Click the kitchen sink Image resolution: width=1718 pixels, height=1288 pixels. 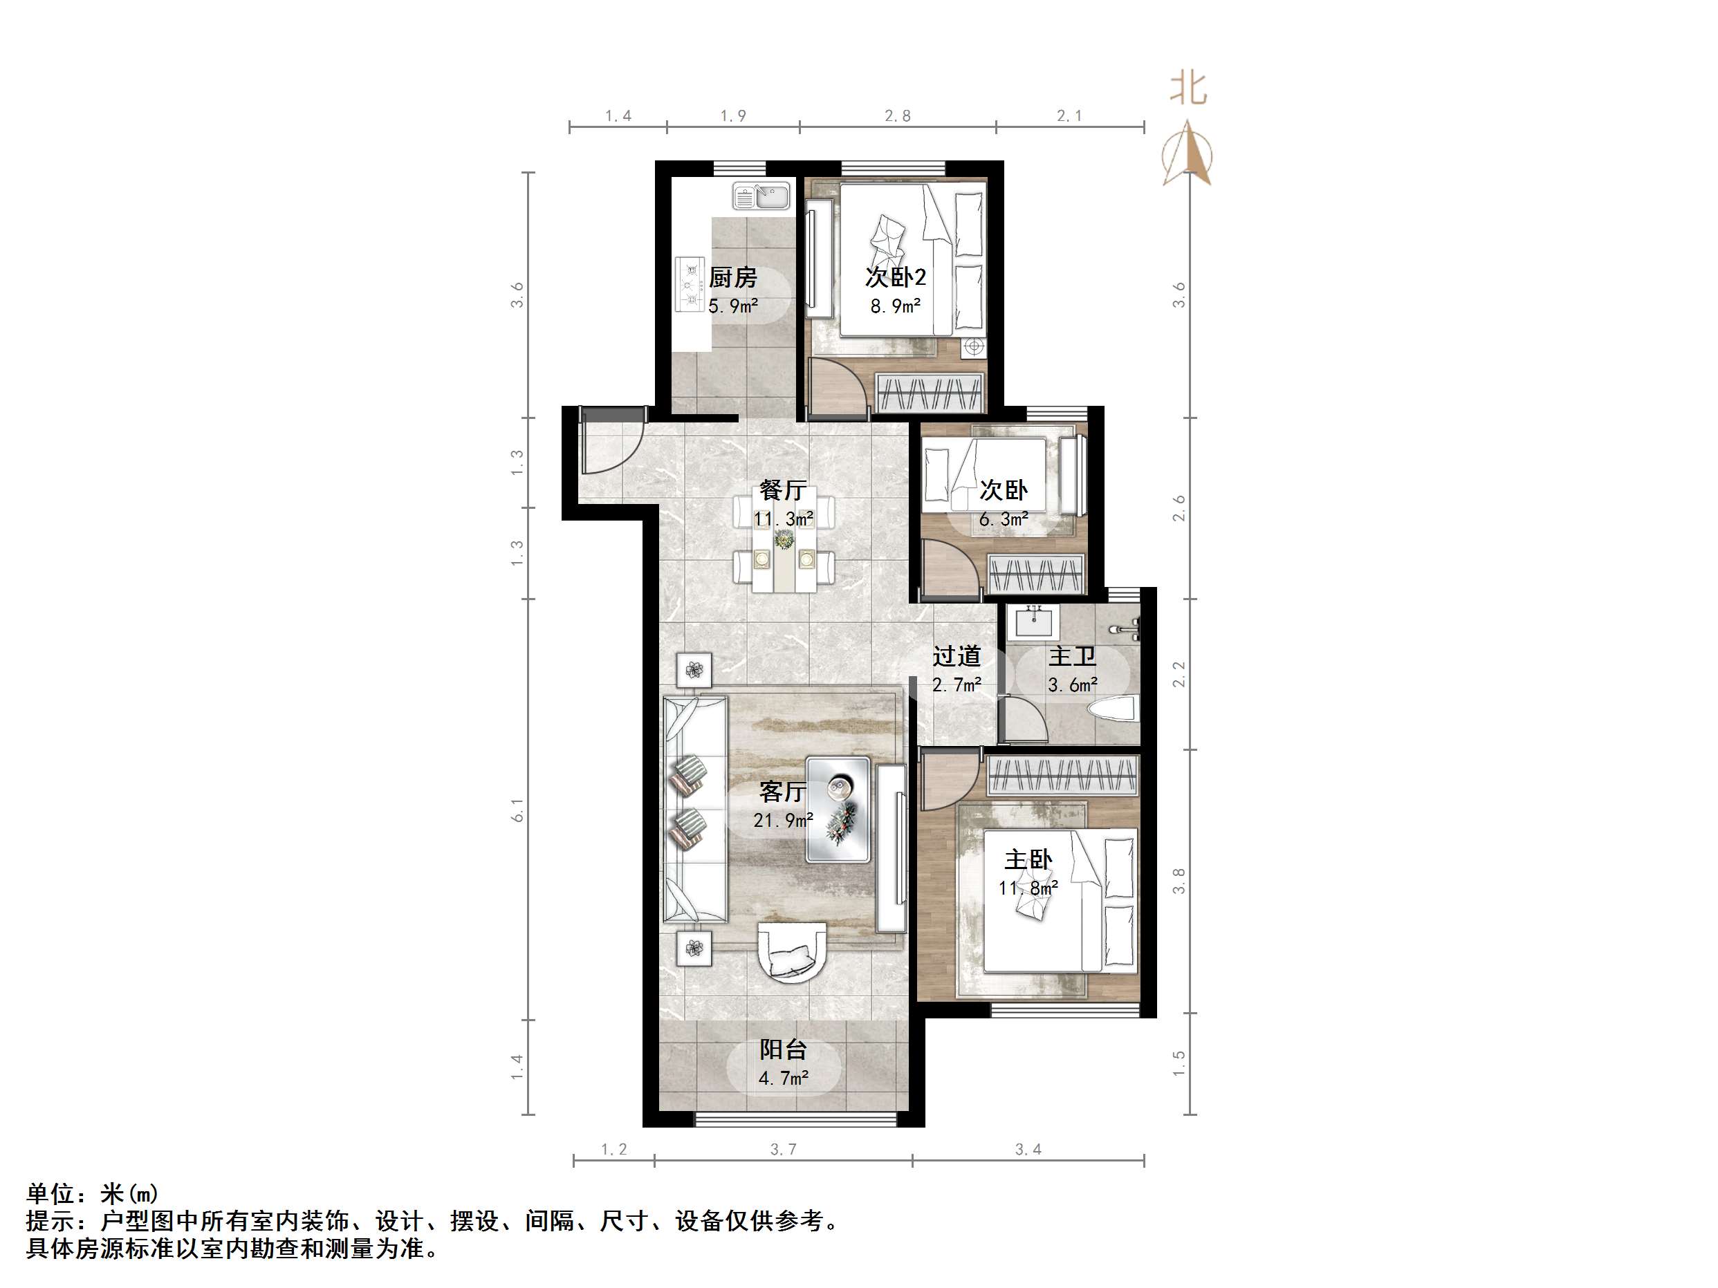761,196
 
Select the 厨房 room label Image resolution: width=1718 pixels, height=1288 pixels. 732,277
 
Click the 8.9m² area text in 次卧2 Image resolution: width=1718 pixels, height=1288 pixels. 896,306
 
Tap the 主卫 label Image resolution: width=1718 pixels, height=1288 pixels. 1072,656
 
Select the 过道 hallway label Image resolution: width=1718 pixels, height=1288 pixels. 956,656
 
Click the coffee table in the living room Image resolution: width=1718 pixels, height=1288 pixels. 838,810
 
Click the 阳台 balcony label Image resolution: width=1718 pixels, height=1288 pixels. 783,1049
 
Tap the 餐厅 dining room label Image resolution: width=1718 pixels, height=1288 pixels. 782,490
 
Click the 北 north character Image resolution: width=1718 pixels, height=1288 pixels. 1188,89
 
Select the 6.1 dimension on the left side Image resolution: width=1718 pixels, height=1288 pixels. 518,810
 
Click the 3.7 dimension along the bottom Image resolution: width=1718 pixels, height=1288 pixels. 783,1149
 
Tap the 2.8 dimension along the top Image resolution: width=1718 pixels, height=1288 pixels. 897,115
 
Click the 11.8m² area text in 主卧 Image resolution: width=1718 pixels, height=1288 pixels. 1028,888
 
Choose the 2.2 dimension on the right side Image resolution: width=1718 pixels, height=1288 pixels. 1179,673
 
